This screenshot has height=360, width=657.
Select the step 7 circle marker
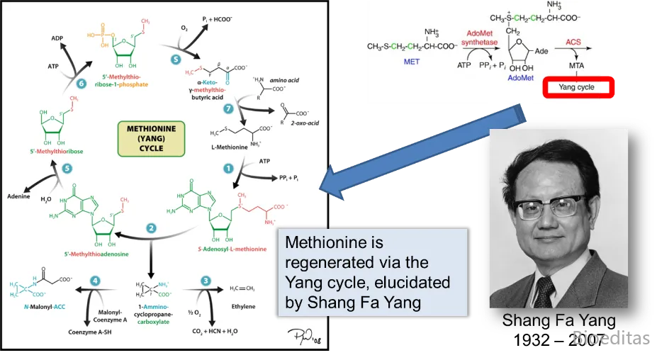[x=228, y=109]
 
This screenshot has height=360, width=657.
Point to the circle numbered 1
[x=228, y=168]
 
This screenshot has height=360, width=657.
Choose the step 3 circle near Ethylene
[x=206, y=281]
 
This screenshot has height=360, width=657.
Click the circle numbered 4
[x=95, y=281]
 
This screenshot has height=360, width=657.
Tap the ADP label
[x=57, y=38]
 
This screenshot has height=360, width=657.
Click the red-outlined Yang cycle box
[x=576, y=87]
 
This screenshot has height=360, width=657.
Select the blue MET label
[x=411, y=62]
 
